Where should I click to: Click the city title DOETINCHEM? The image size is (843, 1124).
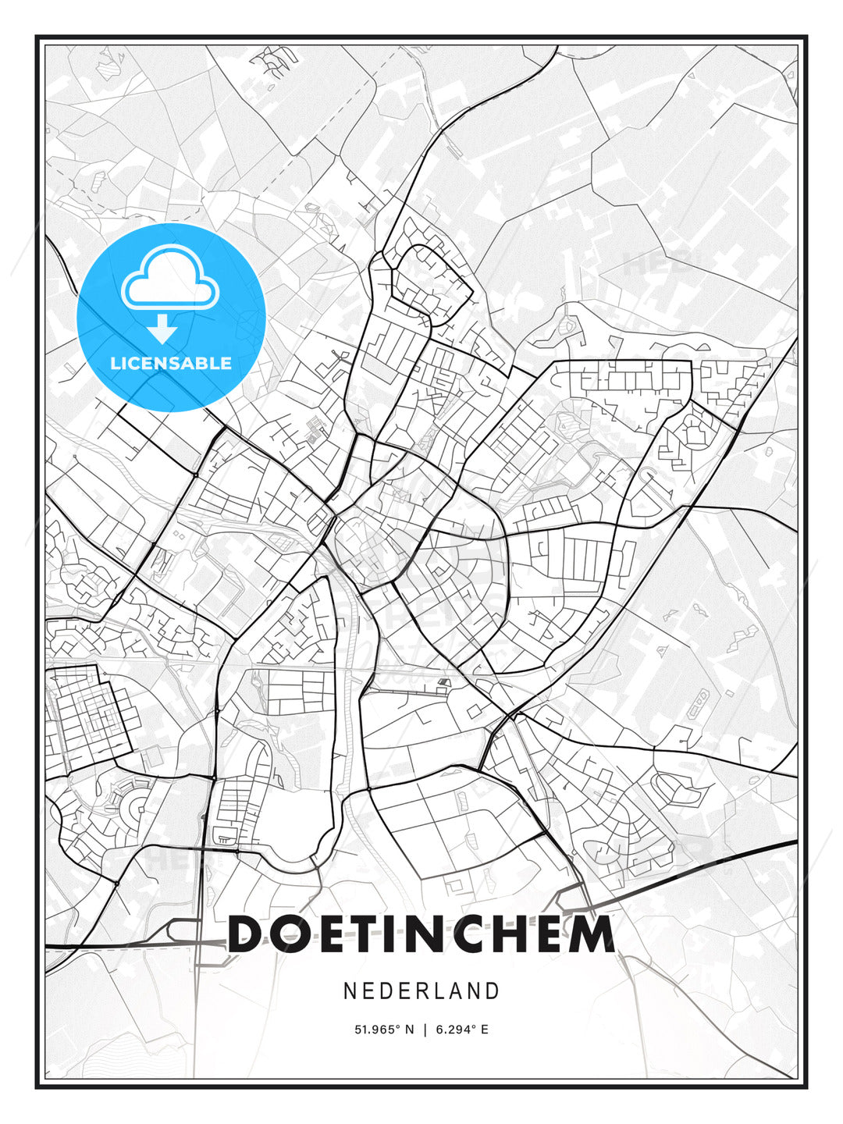point(421,934)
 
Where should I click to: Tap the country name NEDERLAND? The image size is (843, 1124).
point(421,991)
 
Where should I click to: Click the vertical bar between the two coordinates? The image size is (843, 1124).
point(425,1030)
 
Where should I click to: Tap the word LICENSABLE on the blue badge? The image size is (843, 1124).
point(171,363)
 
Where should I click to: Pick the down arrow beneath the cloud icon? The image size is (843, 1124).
point(162,329)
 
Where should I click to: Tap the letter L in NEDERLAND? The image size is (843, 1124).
point(437,991)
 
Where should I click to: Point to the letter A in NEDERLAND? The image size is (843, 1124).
point(454,991)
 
